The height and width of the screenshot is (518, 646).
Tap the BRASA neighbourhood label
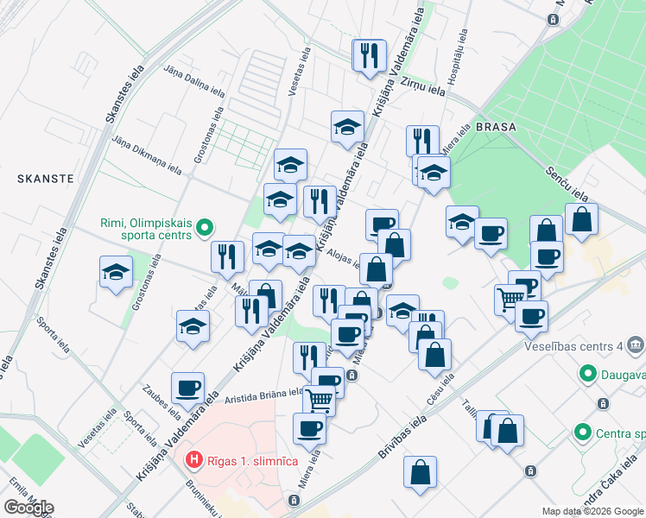[x=495, y=126]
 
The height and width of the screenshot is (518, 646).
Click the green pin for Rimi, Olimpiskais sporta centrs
[x=204, y=229]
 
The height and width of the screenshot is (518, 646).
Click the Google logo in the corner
[x=28, y=508]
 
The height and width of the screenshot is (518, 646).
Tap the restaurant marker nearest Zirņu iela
[x=370, y=55]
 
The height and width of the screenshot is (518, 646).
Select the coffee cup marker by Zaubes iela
[x=187, y=388]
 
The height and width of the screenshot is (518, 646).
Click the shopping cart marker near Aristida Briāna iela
[x=320, y=401]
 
